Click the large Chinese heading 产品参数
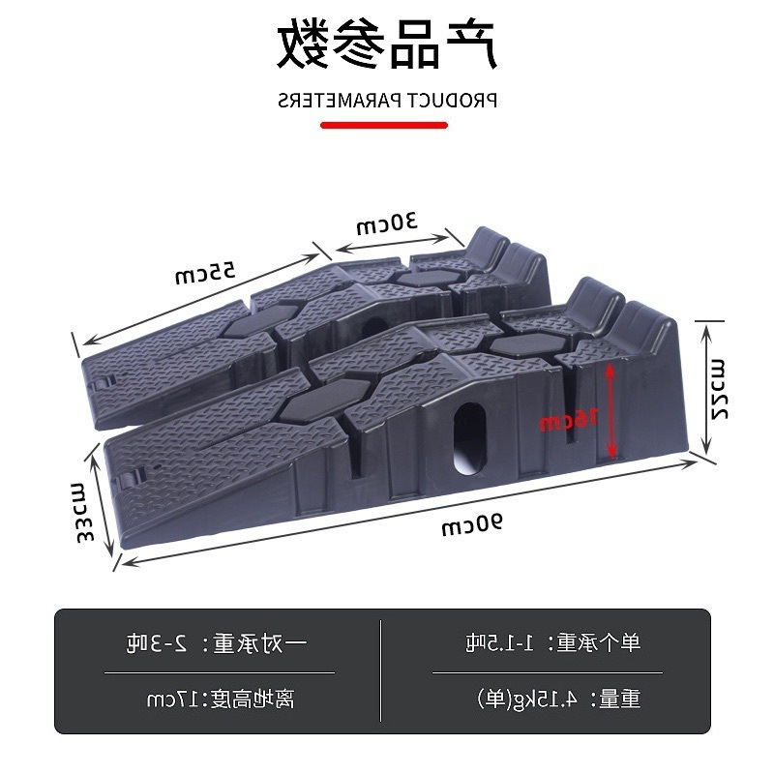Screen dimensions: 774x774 [387, 43]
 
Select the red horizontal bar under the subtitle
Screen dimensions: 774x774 [384, 125]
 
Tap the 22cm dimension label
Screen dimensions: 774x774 [718, 387]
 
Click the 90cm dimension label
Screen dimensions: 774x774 [472, 525]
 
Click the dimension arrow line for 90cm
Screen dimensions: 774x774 [406, 513]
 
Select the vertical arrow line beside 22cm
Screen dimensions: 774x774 [706, 387]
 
